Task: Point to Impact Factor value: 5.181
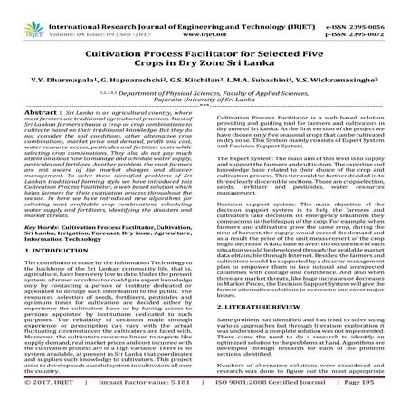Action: click(124, 401)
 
